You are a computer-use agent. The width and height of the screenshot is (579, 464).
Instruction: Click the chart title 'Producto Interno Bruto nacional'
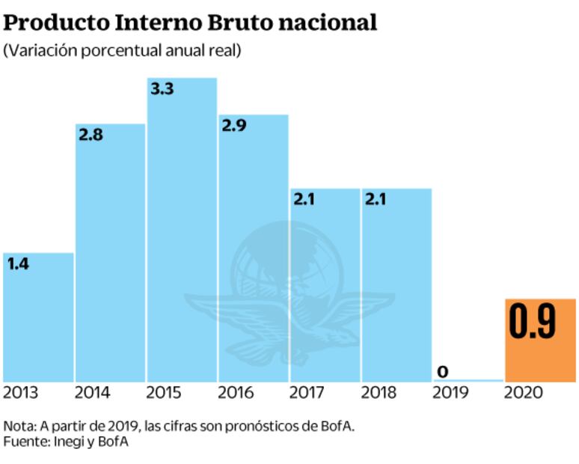[x=190, y=22]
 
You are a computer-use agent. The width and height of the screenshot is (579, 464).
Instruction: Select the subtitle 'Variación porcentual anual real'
[x=124, y=52]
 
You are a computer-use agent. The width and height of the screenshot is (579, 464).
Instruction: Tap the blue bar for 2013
[x=38, y=322]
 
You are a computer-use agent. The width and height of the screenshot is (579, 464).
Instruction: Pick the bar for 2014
[x=110, y=254]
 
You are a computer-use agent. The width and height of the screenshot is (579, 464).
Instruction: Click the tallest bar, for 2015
[x=182, y=232]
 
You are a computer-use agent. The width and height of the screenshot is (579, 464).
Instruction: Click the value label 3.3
[x=162, y=89]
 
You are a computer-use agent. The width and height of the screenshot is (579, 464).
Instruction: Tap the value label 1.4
[x=18, y=263]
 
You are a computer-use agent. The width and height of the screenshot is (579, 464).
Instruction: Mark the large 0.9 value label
[x=532, y=323]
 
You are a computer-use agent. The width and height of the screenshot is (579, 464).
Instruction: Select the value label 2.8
[x=91, y=135]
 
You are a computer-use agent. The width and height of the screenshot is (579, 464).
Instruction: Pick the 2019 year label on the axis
[x=451, y=392]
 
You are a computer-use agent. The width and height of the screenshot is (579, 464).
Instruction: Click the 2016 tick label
[x=236, y=392]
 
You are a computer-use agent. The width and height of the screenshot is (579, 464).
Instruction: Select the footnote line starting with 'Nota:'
[x=179, y=426]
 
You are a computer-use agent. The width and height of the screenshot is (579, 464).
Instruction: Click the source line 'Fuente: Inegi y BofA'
[x=66, y=442]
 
